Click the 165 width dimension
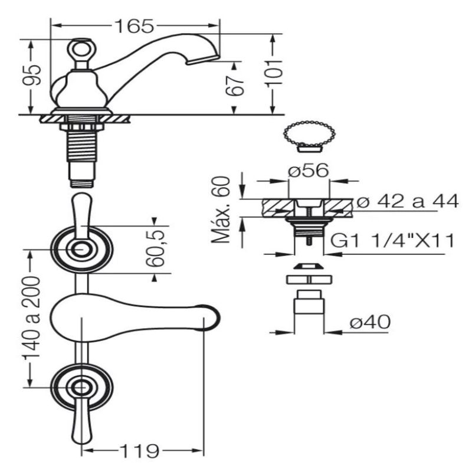135,26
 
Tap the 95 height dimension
32,75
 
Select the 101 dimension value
274,73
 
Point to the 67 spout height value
235,85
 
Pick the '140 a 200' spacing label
32,317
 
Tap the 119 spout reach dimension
139,450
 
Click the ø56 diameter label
308,171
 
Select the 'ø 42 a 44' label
408,201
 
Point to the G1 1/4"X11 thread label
392,241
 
